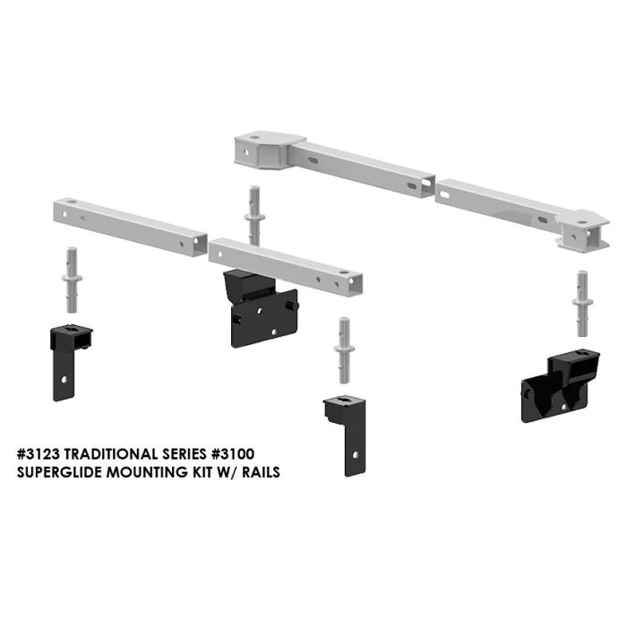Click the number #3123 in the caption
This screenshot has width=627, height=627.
click(x=39, y=454)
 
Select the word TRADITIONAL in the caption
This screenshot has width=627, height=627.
click(x=111, y=454)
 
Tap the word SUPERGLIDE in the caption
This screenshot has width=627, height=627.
click(x=60, y=472)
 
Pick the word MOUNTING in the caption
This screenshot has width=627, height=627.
click(x=147, y=472)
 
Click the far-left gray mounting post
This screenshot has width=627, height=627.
click(x=72, y=279)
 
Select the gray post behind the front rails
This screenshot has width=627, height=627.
click(x=254, y=216)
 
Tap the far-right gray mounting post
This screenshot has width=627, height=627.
click(x=582, y=304)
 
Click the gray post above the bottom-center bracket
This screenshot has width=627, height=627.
click(x=344, y=350)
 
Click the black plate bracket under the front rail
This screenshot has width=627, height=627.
click(x=261, y=309)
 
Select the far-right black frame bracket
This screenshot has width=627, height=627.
click(x=560, y=385)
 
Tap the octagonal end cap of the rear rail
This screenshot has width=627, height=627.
click(x=270, y=150)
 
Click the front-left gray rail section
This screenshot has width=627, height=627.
click(x=130, y=227)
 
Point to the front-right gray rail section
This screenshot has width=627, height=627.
click(x=286, y=267)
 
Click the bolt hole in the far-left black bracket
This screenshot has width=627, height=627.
click(x=64, y=380)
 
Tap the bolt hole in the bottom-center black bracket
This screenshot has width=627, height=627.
click(x=355, y=455)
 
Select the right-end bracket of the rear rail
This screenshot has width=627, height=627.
click(x=583, y=231)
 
